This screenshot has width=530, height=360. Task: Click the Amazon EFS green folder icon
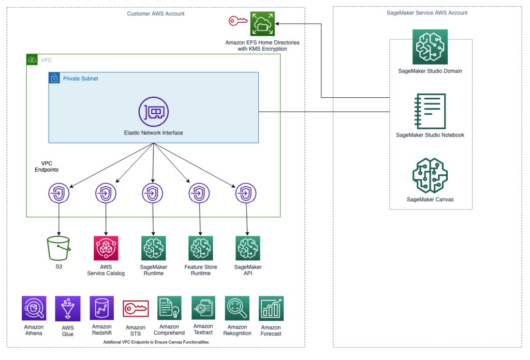[262, 24]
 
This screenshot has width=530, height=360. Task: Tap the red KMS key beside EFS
[238, 21]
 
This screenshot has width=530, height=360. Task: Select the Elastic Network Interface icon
[153, 112]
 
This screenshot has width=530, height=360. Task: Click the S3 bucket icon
[59, 248]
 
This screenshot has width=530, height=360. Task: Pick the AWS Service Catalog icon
[106, 248]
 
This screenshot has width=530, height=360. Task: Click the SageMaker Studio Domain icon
[430, 47]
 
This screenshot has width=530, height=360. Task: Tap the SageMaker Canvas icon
[430, 176]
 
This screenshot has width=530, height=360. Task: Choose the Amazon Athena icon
[34, 308]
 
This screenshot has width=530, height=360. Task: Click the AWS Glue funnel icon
[68, 309]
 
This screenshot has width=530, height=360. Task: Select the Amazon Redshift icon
[102, 308]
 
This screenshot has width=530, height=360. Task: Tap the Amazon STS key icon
[136, 308]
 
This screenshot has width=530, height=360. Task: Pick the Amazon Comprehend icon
[169, 308]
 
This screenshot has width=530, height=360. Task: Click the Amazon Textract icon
[203, 308]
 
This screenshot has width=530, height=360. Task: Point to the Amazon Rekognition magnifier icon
[237, 308]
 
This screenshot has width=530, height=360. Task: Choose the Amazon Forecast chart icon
[271, 308]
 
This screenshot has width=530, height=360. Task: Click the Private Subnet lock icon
[54, 78]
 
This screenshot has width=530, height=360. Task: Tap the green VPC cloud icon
[32, 60]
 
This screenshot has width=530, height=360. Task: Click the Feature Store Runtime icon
[201, 248]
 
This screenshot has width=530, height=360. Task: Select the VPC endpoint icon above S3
[59, 193]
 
